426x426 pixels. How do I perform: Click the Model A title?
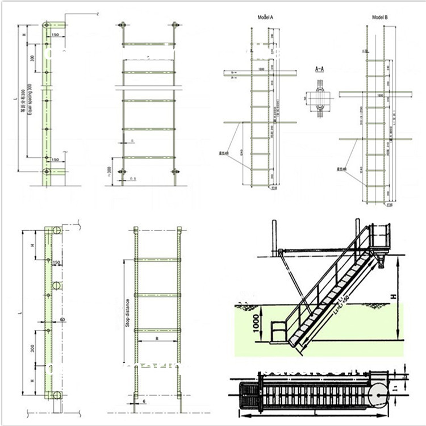tap(266, 18)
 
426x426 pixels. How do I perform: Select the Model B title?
tap(379, 18)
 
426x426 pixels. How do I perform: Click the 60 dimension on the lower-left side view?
tap(62, 320)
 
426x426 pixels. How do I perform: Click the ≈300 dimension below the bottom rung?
tap(109, 170)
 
